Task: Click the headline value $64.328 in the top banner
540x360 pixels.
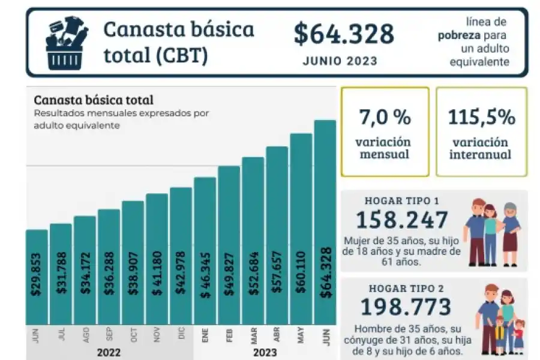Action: coord(344,34)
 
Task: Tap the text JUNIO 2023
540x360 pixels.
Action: coord(340,61)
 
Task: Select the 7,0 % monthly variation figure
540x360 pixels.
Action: coord(385,118)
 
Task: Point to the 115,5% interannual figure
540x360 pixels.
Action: coord(481,118)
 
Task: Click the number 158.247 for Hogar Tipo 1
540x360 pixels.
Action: coord(402,220)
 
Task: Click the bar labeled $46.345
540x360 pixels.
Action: coord(205,252)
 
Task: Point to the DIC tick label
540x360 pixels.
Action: coord(181,335)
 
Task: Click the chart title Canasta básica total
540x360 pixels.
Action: coord(93,100)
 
